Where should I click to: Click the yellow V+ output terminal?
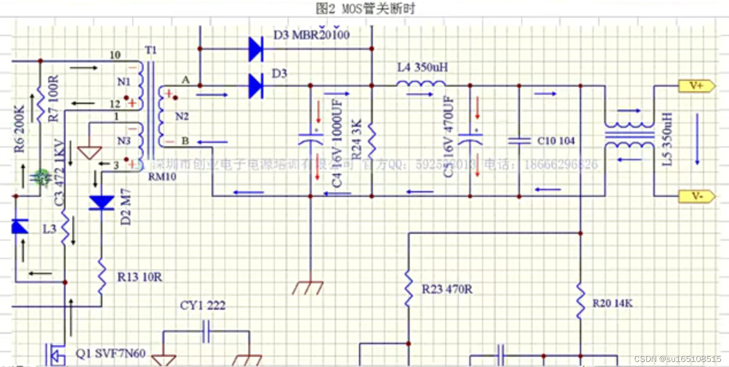tap(697, 86)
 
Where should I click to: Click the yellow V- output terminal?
tap(697, 197)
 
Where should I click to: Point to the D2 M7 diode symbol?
tap(101, 203)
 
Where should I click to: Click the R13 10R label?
tap(140, 277)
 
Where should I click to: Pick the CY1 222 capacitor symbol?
tap(206, 332)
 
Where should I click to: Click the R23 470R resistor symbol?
tap(408, 289)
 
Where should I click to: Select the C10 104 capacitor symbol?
tap(519, 141)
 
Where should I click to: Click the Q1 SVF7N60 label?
tap(111, 353)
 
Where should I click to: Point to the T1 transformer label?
tap(151, 50)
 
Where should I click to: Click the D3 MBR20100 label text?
tap(312, 36)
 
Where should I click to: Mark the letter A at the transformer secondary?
tap(185, 80)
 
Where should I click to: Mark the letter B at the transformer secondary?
tap(185, 141)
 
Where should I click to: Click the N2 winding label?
tap(182, 117)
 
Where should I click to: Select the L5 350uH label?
tap(669, 139)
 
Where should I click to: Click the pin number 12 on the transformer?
tap(115, 104)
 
